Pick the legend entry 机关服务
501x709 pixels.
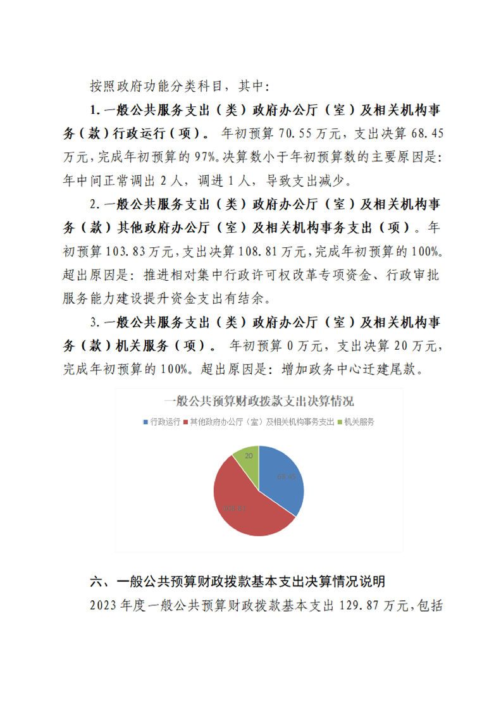point(359,422)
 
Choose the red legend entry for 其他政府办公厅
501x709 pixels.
point(257,422)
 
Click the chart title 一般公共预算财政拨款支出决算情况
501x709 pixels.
point(259,401)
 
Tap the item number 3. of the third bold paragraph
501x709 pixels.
point(95,322)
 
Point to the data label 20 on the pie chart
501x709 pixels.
point(249,455)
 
